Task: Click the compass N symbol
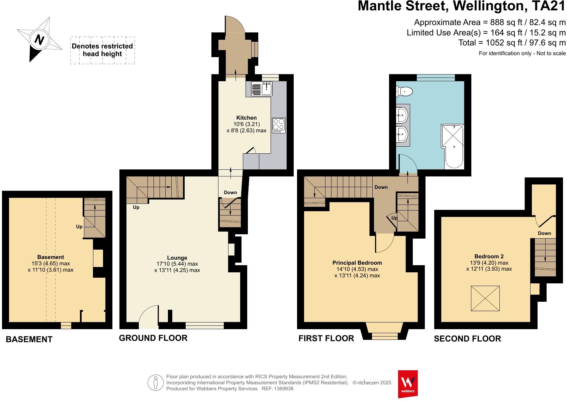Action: [x=39, y=40]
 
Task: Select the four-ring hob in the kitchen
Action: [x=279, y=125]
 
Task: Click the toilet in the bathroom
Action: [x=404, y=91]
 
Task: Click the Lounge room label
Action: [x=177, y=258]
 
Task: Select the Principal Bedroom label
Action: [x=357, y=263]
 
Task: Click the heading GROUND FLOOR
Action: [x=153, y=338]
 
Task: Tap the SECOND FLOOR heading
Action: [x=467, y=339]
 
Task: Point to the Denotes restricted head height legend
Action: [x=102, y=50]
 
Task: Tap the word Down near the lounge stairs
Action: [x=230, y=192]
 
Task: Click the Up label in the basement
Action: [x=79, y=227]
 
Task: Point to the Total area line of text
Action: [x=512, y=43]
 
